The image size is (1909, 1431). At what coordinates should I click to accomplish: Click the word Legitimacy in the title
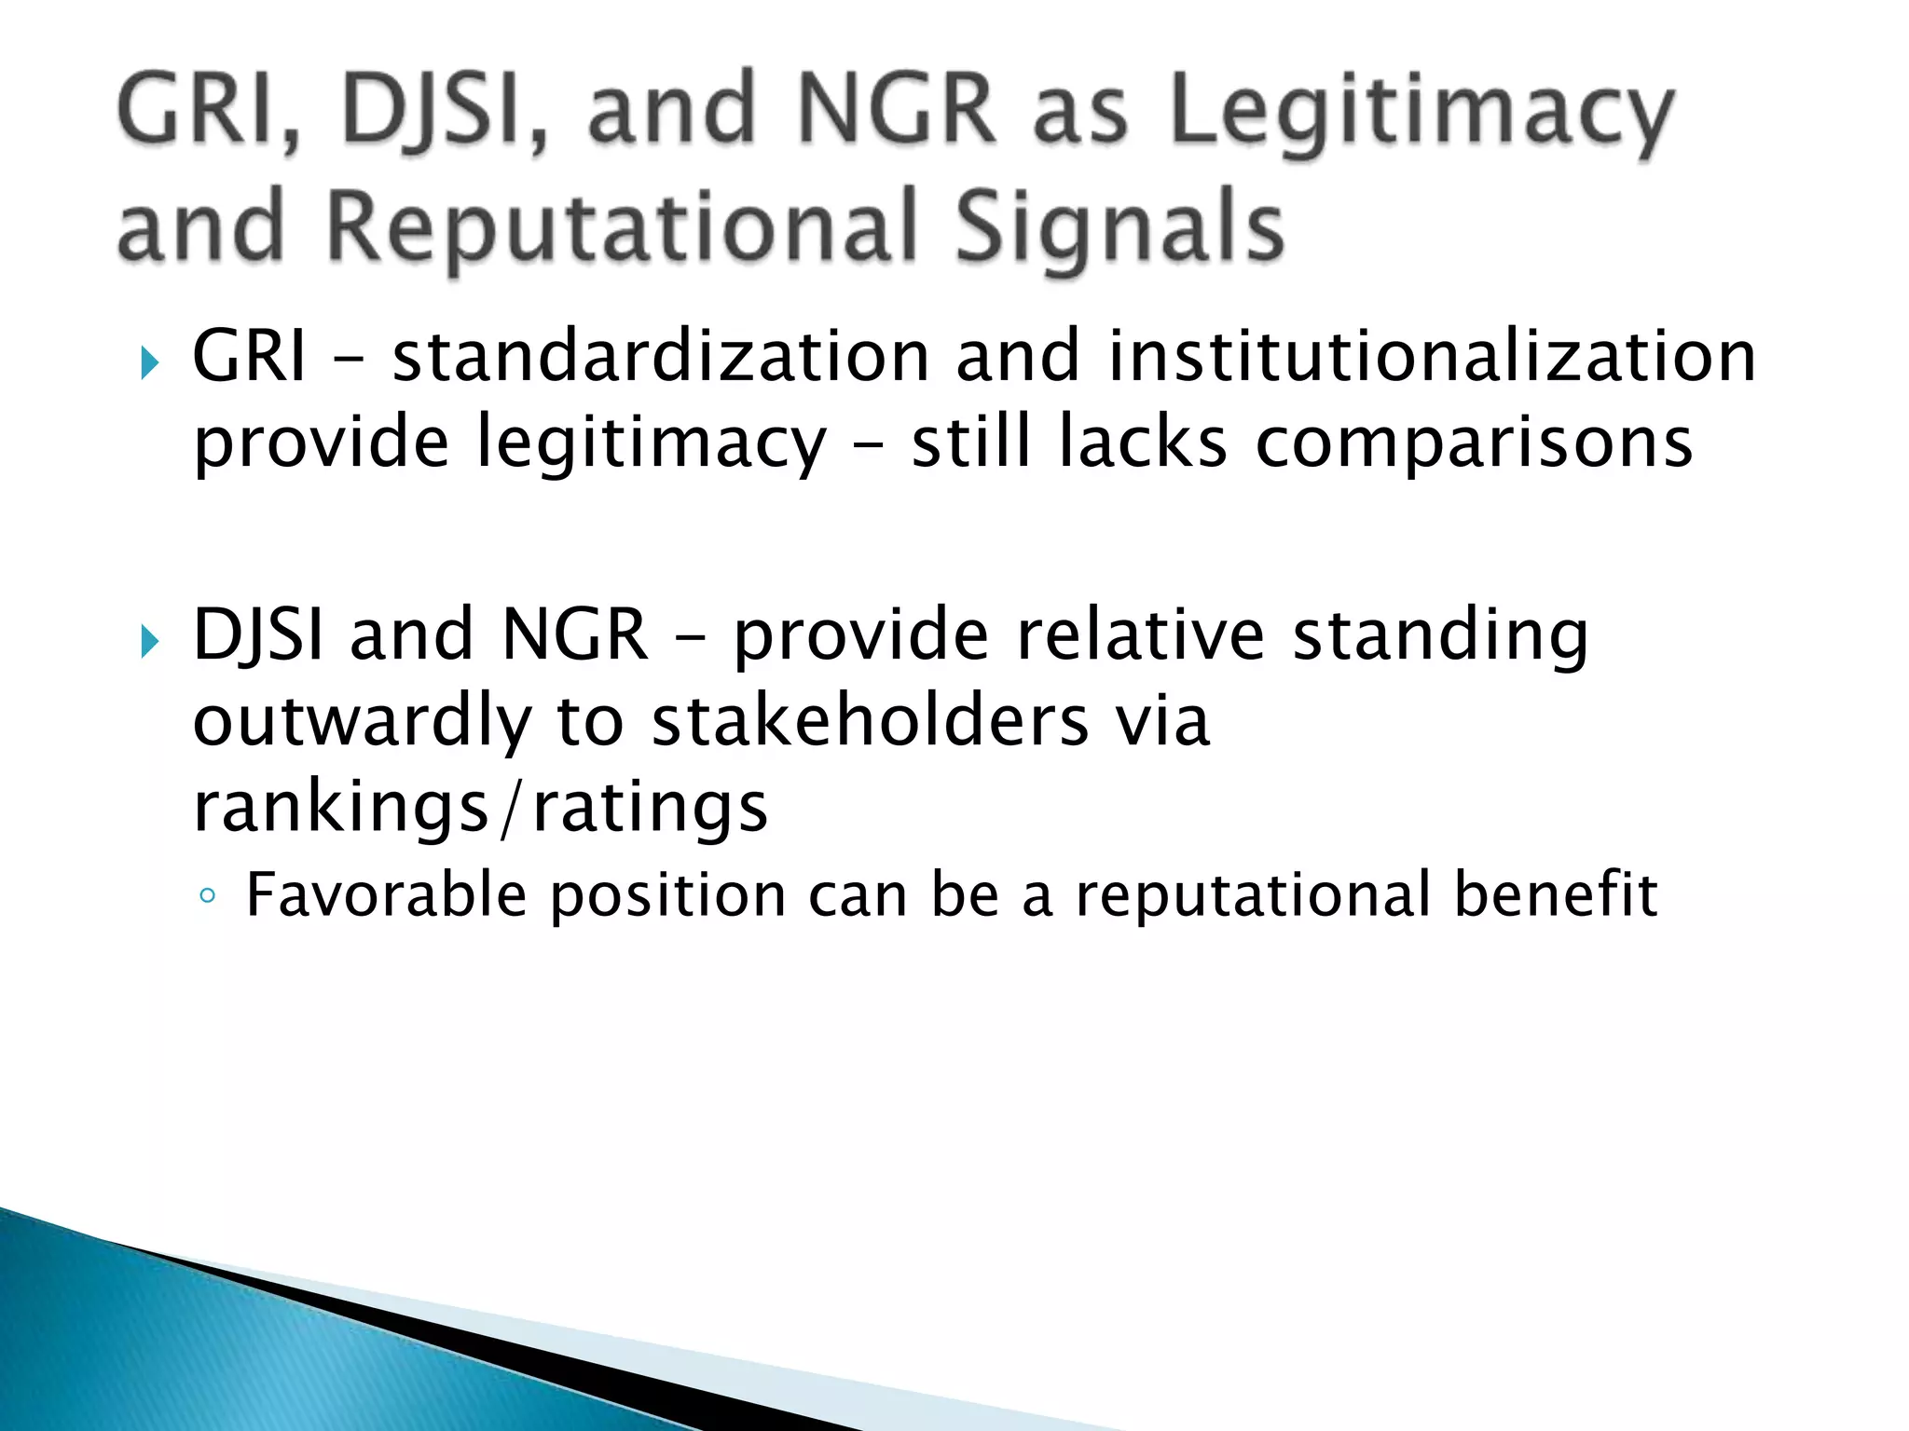click(1421, 114)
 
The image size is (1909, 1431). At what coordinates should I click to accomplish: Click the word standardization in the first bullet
click(660, 358)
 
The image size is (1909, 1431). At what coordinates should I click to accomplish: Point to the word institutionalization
click(1432, 358)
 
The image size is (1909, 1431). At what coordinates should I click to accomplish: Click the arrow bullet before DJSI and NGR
click(149, 641)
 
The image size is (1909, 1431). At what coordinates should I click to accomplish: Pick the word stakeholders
click(870, 721)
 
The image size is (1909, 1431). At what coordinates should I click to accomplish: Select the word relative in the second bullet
click(1139, 635)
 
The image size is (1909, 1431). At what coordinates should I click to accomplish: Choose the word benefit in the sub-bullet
click(1555, 895)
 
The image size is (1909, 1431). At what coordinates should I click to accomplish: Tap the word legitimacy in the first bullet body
click(650, 443)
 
